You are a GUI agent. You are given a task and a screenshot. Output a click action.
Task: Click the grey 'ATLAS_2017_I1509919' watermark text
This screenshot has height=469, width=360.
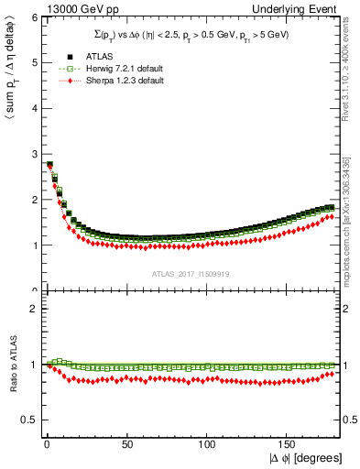click(x=190, y=273)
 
